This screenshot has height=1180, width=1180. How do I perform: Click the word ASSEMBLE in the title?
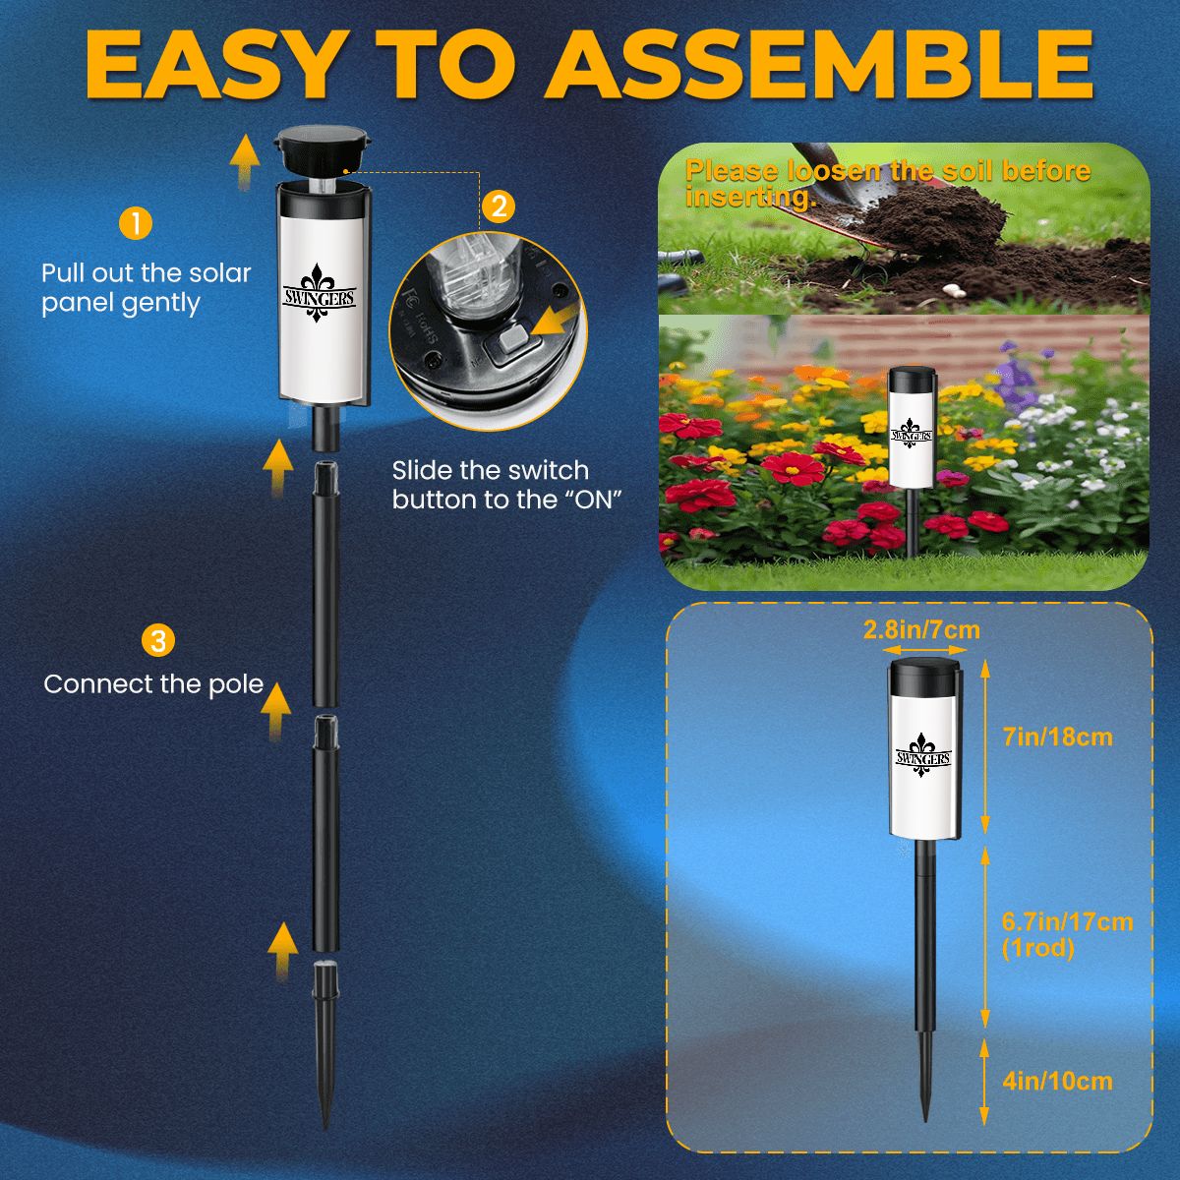pyautogui.click(x=820, y=64)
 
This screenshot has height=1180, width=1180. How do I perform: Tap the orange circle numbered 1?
pyautogui.click(x=135, y=223)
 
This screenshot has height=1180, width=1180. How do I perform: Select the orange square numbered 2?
pyautogui.click(x=499, y=206)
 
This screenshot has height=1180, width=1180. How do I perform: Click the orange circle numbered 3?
pyautogui.click(x=157, y=641)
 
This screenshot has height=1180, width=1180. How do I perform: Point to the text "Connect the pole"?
pyautogui.click(x=153, y=684)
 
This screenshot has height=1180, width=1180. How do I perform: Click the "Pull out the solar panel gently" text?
pyautogui.click(x=147, y=288)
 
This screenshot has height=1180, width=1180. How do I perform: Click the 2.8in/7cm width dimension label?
pyautogui.click(x=921, y=629)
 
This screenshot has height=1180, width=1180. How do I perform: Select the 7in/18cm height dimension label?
pyautogui.click(x=1058, y=737)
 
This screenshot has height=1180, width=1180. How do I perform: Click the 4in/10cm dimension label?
pyautogui.click(x=1058, y=1082)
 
